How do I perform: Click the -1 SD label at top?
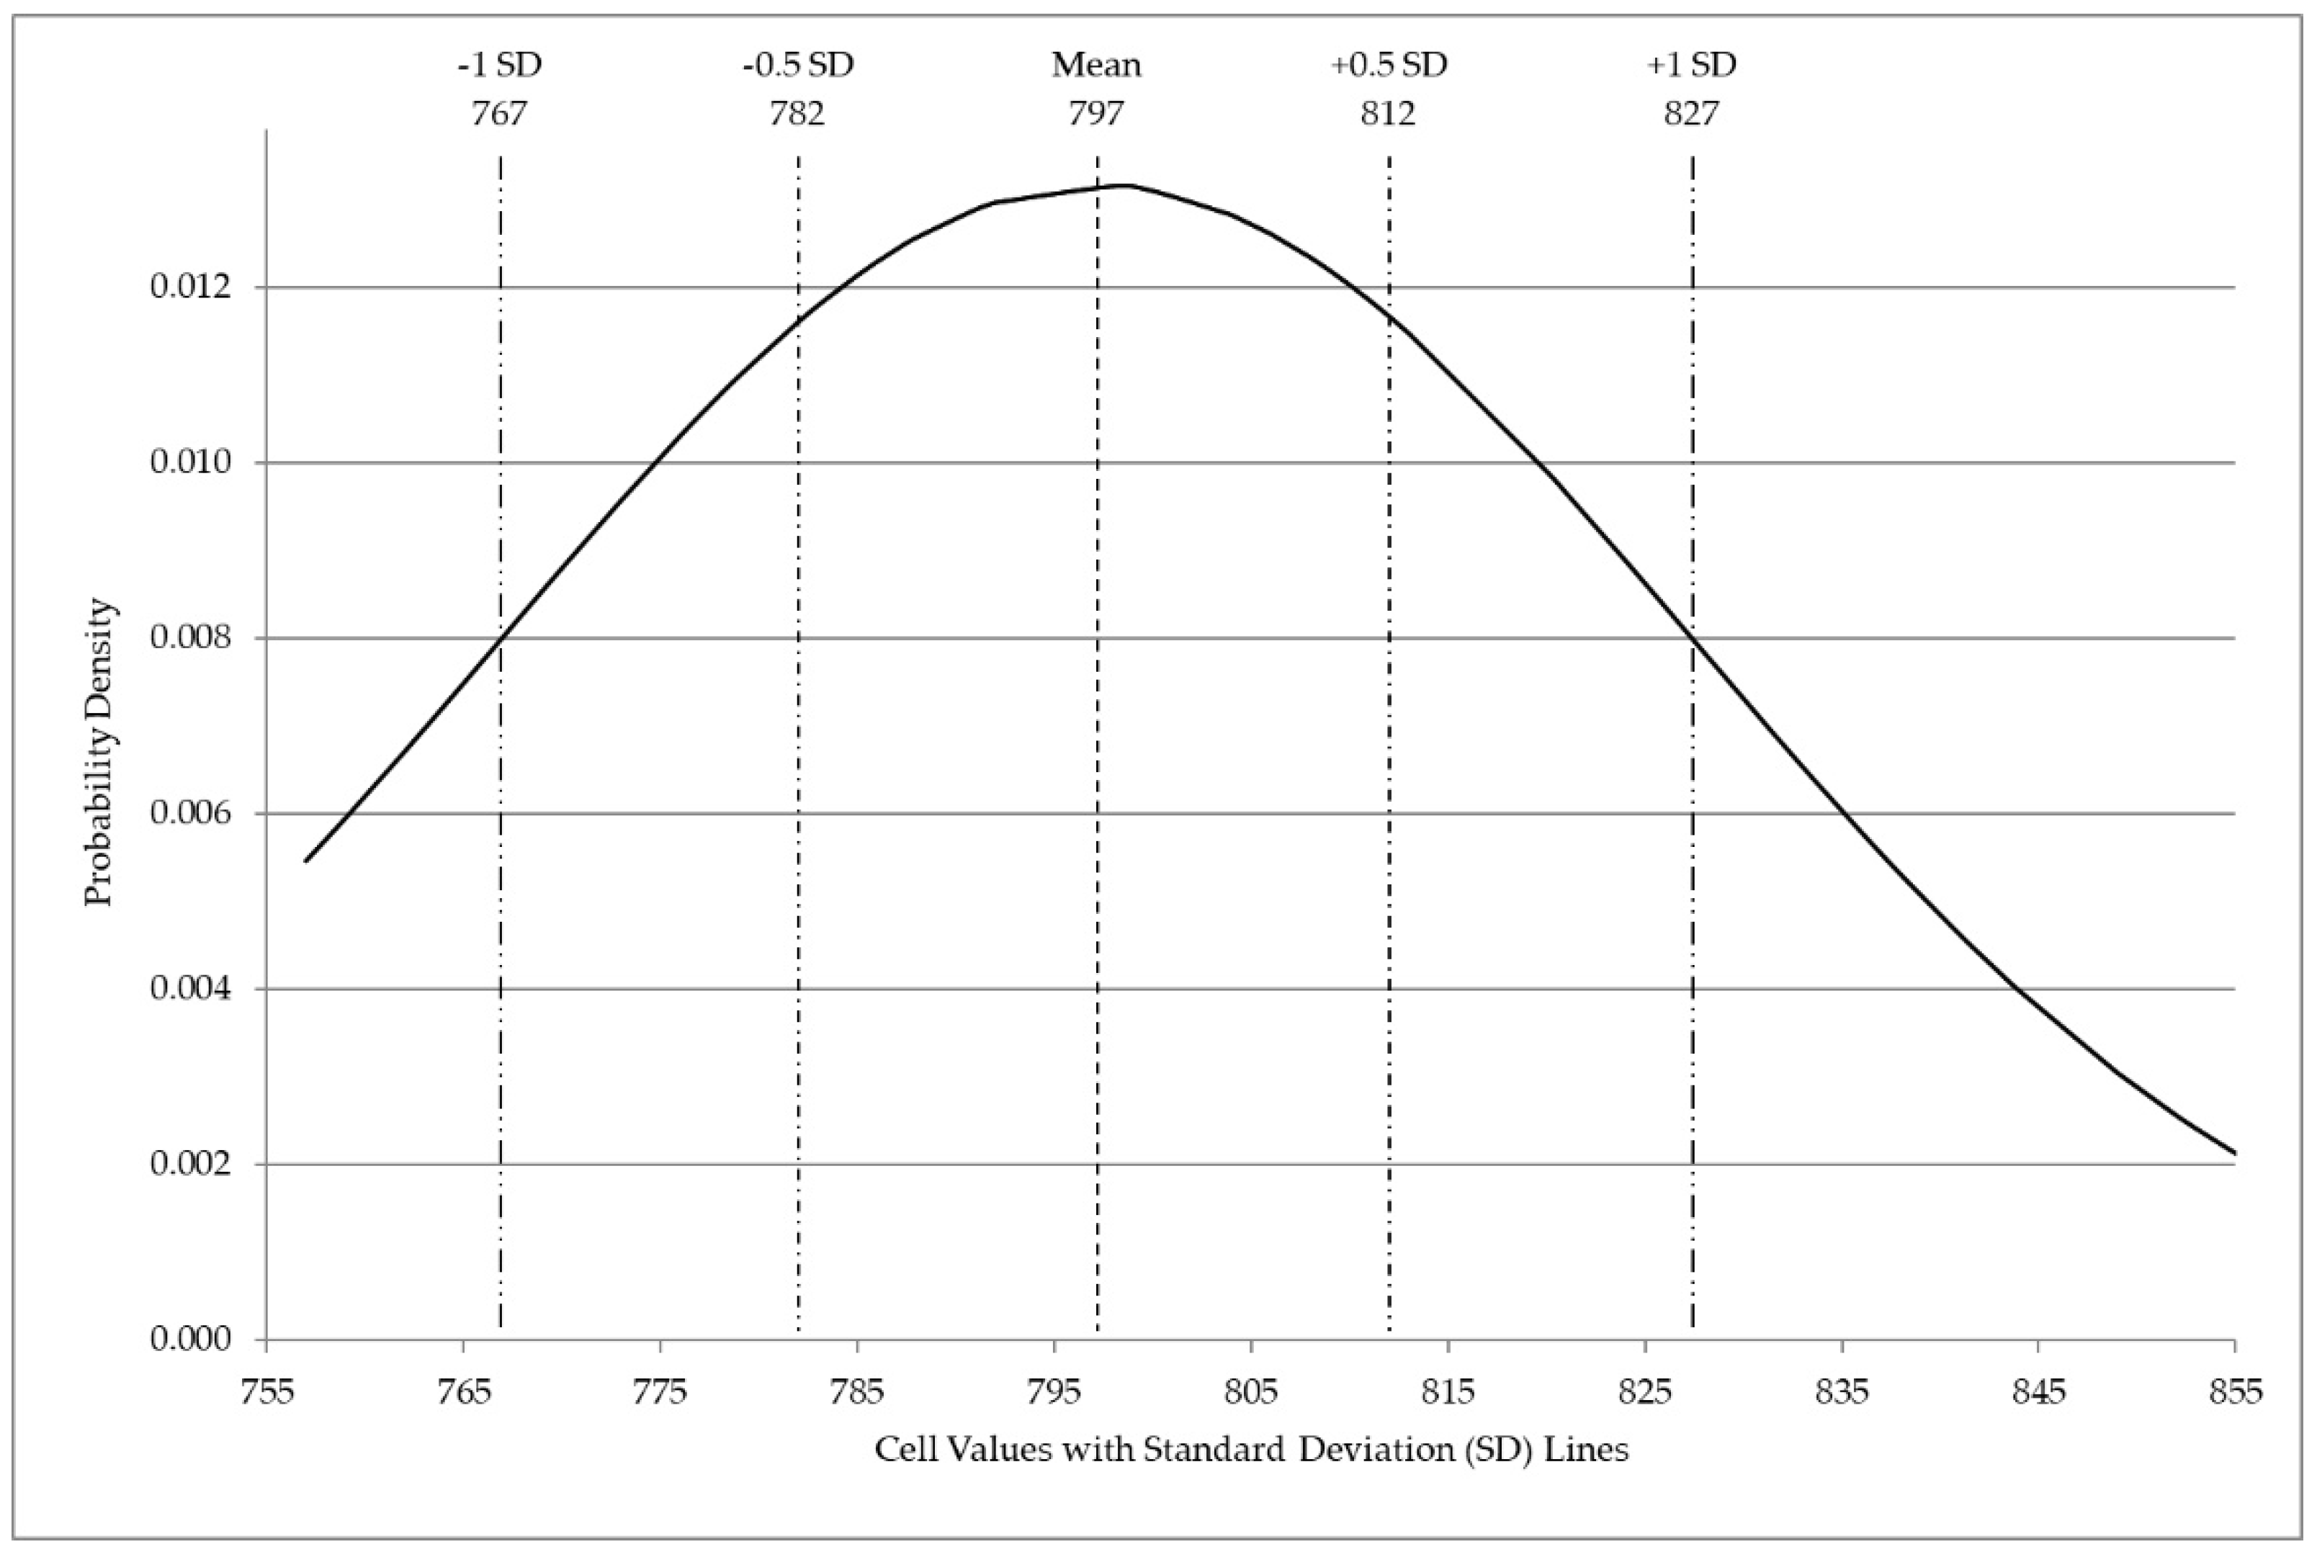click(x=500, y=66)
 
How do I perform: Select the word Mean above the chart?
click(x=1095, y=66)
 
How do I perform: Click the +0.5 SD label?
click(x=1389, y=66)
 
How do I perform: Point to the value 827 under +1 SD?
click(x=1692, y=114)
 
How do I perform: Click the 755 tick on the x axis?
click(x=267, y=1393)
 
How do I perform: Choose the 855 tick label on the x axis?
click(x=2235, y=1393)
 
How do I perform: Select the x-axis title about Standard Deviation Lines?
click(x=1251, y=1450)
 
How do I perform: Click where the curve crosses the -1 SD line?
click(x=501, y=637)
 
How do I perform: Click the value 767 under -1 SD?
click(x=500, y=114)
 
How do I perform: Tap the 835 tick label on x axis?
click(x=1841, y=1393)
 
